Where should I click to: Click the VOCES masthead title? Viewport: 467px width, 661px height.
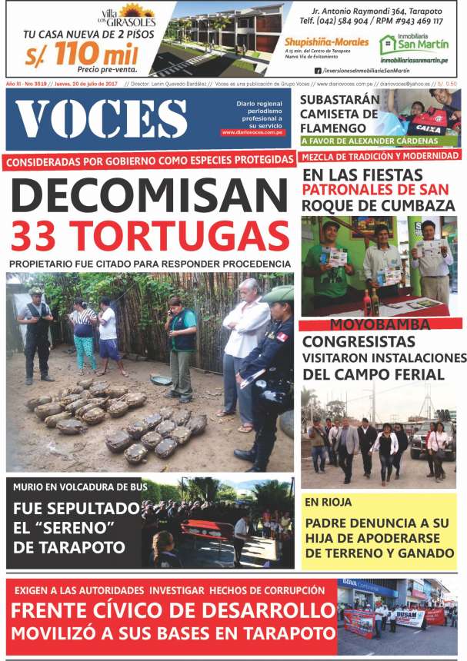point(101,119)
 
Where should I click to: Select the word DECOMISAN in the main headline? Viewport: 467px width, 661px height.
point(148,194)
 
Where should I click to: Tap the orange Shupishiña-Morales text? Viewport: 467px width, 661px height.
point(326,42)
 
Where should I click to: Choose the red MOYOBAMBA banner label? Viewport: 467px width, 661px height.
point(381,324)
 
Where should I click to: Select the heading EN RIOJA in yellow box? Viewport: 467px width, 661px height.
point(328,503)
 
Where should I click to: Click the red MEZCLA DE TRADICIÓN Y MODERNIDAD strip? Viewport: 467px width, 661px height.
point(379,156)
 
